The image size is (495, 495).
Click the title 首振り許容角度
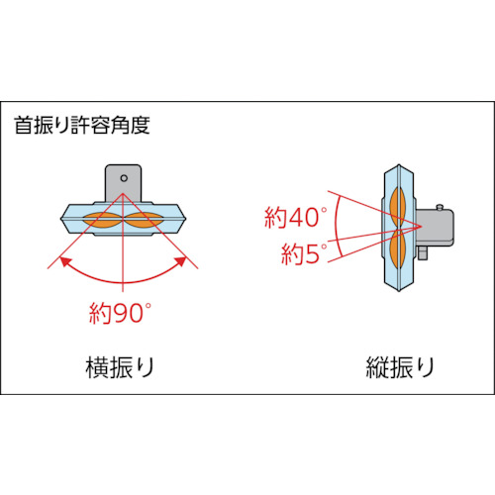click(x=82, y=126)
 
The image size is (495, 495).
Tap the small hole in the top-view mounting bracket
click(x=124, y=179)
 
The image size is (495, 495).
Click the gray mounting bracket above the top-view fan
click(x=124, y=184)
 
